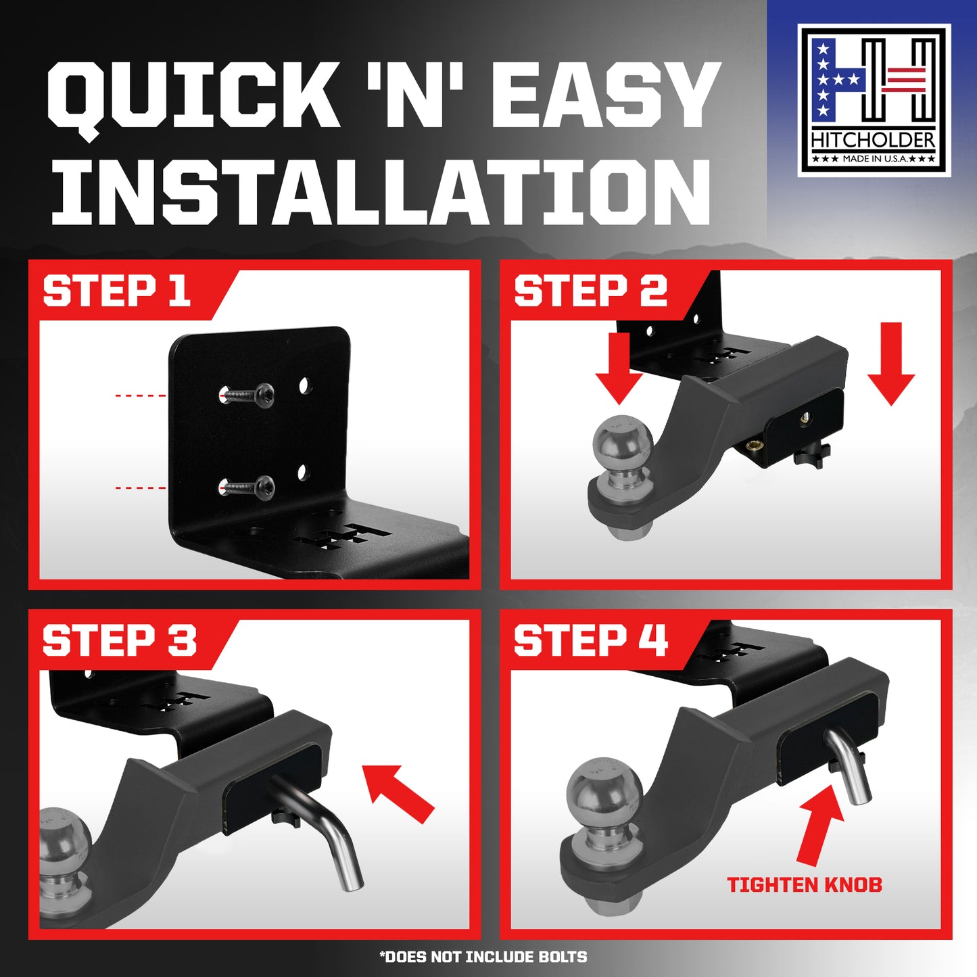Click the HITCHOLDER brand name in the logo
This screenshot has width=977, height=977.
tap(874, 141)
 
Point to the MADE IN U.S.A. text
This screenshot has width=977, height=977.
tap(874, 159)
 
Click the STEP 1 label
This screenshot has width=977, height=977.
tap(116, 291)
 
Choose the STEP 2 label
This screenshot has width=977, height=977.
tap(591, 291)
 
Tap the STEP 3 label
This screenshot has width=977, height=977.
tap(119, 641)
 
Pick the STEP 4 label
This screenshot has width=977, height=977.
tap(591, 641)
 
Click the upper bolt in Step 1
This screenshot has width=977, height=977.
tap(247, 394)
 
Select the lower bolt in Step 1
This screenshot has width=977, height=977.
tap(247, 487)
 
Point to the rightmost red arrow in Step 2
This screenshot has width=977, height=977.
tap(891, 364)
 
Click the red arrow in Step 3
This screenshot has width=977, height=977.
tap(398, 794)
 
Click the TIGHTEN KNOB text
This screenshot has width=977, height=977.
tap(805, 885)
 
